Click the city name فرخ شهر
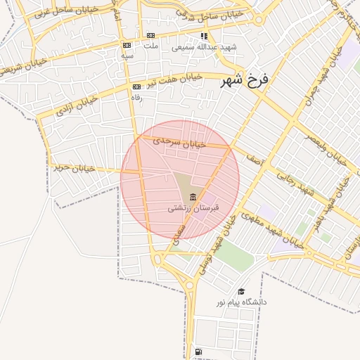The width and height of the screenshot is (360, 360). (x=245, y=81)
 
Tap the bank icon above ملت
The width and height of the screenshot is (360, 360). (x=150, y=36)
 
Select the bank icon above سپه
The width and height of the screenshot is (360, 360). (x=127, y=45)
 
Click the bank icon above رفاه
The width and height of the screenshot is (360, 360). (x=136, y=87)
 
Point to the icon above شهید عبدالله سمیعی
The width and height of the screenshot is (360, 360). (x=204, y=36)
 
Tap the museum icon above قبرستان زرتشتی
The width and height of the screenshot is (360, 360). (x=193, y=196)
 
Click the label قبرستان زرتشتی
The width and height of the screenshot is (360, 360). (x=193, y=208)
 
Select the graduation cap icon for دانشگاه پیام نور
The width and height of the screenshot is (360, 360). (x=241, y=291)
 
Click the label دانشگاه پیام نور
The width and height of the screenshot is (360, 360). (x=241, y=302)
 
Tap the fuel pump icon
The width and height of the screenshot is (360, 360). (x=198, y=351)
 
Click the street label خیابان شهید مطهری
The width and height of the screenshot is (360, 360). (x=270, y=230)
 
